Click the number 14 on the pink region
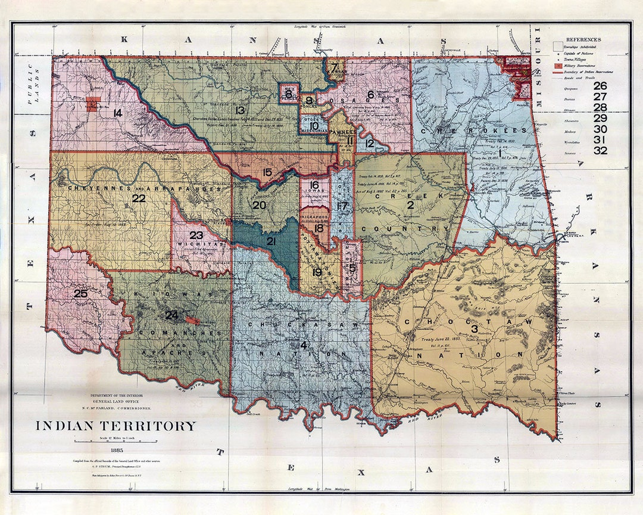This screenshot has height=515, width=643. [x=117, y=113]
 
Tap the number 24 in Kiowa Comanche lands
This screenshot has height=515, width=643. [x=171, y=315]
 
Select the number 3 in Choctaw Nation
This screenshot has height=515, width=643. [x=475, y=328]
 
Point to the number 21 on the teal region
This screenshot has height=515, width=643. [x=271, y=241]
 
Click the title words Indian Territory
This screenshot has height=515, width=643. [x=116, y=426]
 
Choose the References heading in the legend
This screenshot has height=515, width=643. [x=583, y=39]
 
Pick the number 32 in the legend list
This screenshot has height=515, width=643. [x=600, y=150]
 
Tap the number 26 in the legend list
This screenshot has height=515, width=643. [x=600, y=85]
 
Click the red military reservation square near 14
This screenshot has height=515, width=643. [x=92, y=104]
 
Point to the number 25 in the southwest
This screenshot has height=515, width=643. [x=80, y=293]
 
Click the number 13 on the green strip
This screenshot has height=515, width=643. [x=240, y=110]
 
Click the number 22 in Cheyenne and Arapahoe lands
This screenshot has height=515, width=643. [x=139, y=198]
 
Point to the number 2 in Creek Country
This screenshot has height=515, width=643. [x=410, y=205]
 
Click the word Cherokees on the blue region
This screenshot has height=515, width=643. [x=473, y=130]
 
